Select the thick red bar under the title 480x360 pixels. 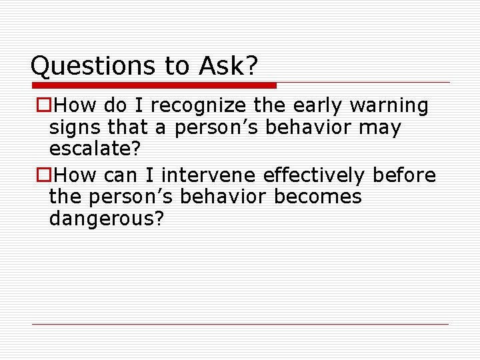154,85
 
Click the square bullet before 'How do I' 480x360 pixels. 43,106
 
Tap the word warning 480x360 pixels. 390,106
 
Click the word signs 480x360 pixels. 73,128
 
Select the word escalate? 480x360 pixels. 95,150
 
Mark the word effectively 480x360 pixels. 315,176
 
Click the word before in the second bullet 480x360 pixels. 404,176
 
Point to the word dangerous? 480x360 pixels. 107,219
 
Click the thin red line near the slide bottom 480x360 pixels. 240,324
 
